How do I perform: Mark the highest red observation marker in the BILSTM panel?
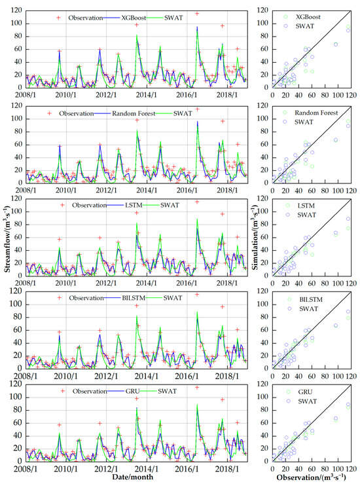[197, 295]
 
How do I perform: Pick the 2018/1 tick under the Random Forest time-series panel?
[226, 190]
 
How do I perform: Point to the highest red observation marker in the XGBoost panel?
[197, 13]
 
